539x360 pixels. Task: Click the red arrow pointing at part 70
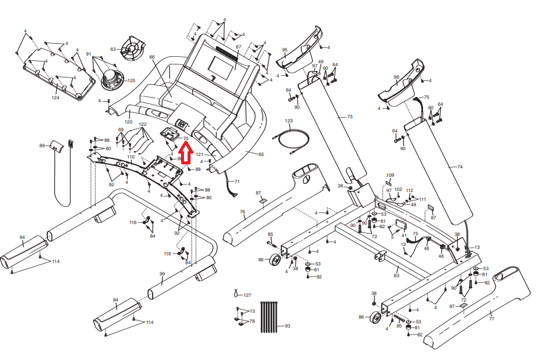pos(184,153)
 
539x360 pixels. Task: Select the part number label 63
pos(113,49)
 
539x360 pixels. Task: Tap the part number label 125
pos(131,80)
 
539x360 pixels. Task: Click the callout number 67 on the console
pos(238,47)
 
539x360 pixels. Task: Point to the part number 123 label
pos(289,121)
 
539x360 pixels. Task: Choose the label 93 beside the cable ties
pos(288,326)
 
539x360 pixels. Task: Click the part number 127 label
pos(247,294)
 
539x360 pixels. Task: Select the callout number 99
pos(162,274)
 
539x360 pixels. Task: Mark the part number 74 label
pos(460,167)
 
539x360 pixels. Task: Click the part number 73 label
pos(349,117)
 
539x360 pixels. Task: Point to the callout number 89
pos(42,145)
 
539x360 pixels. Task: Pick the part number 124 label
pos(56,98)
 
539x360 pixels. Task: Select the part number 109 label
pos(390,176)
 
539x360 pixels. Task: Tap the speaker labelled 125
pos(111,77)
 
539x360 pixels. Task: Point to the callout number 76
pos(242,212)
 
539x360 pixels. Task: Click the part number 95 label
pos(285,50)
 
